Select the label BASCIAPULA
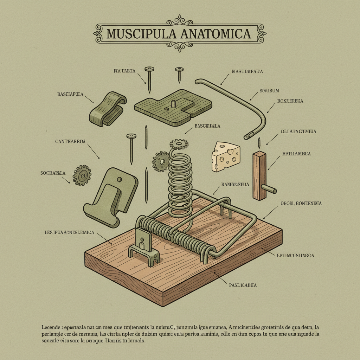point(70,95)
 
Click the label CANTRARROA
point(70,142)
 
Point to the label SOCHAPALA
point(52,173)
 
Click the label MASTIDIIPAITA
point(247,72)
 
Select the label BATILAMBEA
point(296,154)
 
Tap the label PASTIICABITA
point(242,285)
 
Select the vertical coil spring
point(180,183)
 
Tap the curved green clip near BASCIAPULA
point(107,109)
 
